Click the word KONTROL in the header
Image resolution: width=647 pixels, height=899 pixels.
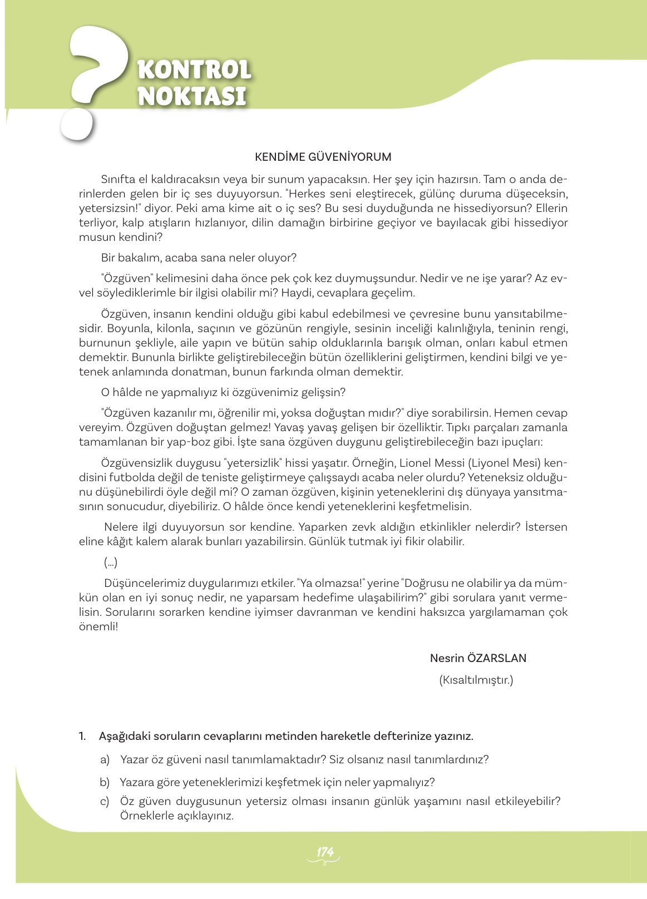[194, 70]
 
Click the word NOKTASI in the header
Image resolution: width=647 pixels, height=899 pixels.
[192, 96]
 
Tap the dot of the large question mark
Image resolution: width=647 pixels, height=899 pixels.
[76, 124]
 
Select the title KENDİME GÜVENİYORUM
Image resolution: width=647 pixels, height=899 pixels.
[323, 157]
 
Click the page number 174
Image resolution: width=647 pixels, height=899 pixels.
[324, 852]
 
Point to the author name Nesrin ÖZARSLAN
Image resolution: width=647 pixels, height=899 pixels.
[478, 658]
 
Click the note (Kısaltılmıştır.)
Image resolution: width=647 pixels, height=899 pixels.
[476, 680]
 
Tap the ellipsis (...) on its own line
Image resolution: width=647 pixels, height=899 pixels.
[110, 562]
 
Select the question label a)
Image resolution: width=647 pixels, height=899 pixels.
[105, 759]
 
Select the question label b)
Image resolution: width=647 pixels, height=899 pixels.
[105, 782]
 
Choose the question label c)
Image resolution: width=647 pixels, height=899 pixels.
[105, 801]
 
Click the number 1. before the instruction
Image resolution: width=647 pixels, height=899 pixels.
[82, 736]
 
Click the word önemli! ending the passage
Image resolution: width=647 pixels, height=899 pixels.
[98, 626]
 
